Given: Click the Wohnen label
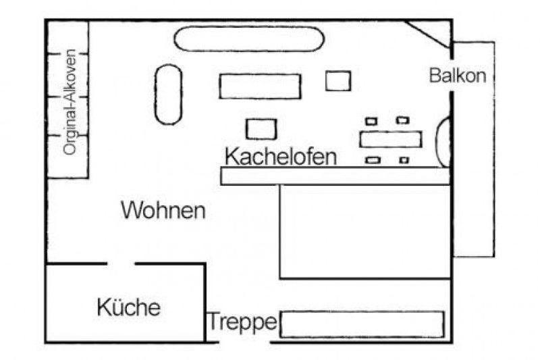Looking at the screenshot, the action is click(x=163, y=210).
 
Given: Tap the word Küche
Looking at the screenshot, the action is click(x=128, y=307).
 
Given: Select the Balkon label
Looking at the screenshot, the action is click(x=458, y=76).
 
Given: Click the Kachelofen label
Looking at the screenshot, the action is click(x=280, y=157).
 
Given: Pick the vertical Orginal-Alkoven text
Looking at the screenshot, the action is click(x=70, y=102).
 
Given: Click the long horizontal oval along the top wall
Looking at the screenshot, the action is click(x=249, y=39).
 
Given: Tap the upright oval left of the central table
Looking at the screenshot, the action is click(x=168, y=95).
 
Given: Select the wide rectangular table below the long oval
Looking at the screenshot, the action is click(x=260, y=86).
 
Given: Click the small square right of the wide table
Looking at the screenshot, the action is click(x=338, y=81).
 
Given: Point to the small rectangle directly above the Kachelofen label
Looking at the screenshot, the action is click(x=261, y=129).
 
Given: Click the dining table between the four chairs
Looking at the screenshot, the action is click(x=391, y=140).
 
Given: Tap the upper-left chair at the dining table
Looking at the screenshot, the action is click(x=371, y=122).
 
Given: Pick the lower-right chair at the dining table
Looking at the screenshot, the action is click(x=404, y=160).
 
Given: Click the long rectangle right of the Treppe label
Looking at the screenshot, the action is click(x=362, y=324).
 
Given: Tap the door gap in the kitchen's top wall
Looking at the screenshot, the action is click(x=121, y=264).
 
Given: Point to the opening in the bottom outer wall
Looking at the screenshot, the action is click(x=244, y=342).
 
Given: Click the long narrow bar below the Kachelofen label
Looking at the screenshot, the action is click(x=335, y=176).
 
